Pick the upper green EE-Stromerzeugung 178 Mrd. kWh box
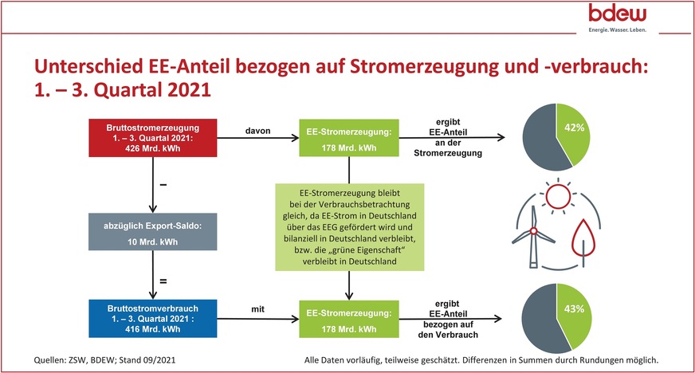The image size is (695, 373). coord(348,136)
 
